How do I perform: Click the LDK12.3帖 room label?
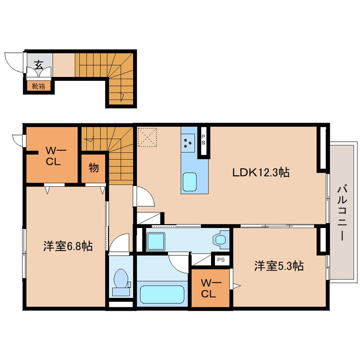click(x=261, y=172)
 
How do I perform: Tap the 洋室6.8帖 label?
click(x=68, y=246)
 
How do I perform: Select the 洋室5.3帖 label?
click(x=279, y=266)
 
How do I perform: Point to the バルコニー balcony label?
click(x=342, y=214)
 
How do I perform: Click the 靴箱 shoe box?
click(x=38, y=86)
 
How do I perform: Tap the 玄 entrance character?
click(x=39, y=65)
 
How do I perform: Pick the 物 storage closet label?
click(x=94, y=168)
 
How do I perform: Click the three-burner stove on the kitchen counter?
click(x=188, y=143)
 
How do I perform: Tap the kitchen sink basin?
click(x=189, y=182)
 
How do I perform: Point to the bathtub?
click(x=162, y=294)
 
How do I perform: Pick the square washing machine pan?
click(x=156, y=242)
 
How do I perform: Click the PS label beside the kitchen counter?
click(x=203, y=140)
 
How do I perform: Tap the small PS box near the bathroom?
click(x=221, y=260)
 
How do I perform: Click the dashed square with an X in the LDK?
click(x=147, y=137)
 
